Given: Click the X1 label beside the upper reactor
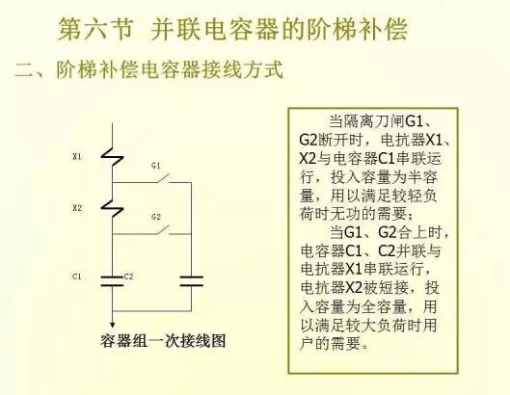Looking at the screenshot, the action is (x=77, y=156).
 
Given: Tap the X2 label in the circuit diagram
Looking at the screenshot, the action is (x=77, y=208).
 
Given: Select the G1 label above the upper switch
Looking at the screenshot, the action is (x=156, y=166).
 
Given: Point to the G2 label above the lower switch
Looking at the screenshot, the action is (x=156, y=217).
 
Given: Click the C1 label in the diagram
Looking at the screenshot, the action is (x=77, y=276).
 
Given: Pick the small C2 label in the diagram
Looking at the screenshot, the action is (x=129, y=276).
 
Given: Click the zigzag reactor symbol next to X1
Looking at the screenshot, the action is (x=112, y=157).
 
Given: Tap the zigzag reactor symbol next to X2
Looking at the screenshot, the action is (x=112, y=208).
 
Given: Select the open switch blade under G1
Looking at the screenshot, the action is (x=163, y=178).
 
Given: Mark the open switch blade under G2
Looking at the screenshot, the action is (x=163, y=229).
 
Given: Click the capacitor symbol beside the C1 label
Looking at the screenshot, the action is (x=112, y=281).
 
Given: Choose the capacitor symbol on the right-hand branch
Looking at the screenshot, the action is (x=192, y=281).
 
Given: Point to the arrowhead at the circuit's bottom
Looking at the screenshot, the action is (x=112, y=324).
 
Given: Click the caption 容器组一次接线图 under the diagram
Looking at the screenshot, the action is (x=163, y=341).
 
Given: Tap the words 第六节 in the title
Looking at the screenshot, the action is (x=95, y=29).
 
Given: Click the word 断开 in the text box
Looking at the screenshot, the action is (x=332, y=141).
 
